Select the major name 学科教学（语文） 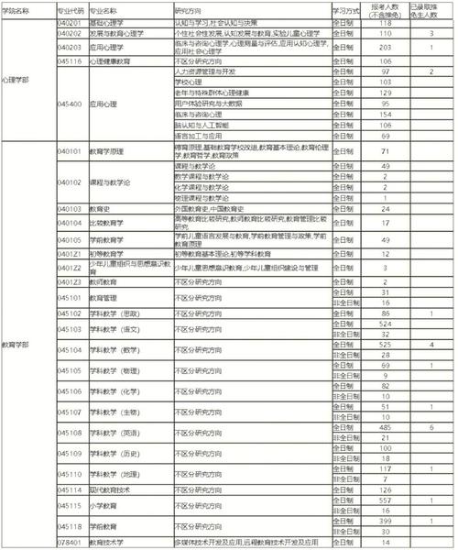pyautogui.click(x=120, y=328)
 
